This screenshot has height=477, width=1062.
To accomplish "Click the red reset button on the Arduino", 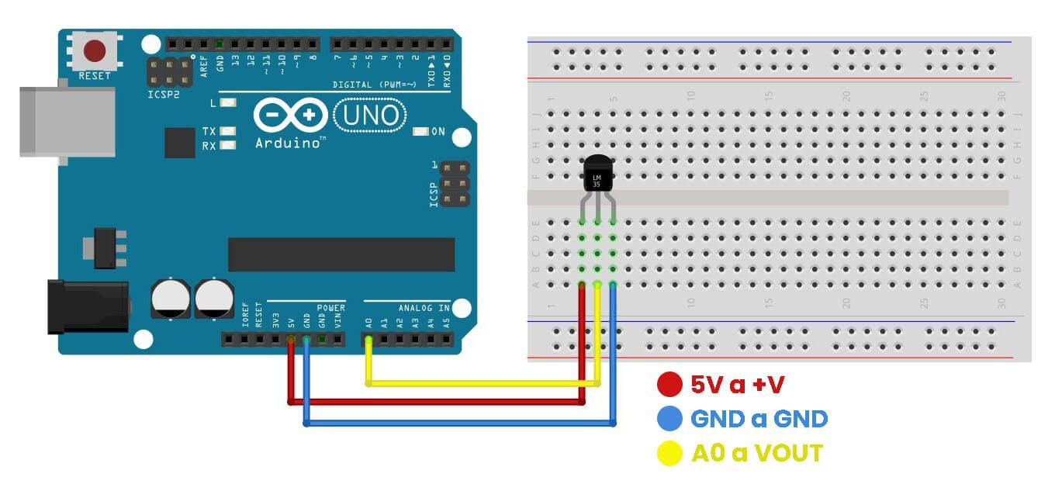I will pos(95,51).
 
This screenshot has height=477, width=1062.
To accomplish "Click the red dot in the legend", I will pos(669,384).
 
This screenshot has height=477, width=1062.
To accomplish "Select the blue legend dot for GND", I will pos(669,419).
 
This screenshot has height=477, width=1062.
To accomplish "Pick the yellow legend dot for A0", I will pos(669,453).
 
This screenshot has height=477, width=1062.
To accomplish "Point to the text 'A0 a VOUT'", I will pos(756,453).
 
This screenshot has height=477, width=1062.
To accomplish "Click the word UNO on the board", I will pos(369,116).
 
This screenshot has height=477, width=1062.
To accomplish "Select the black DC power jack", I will pos(87,307).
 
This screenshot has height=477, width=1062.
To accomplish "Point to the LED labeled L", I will pos(227,102).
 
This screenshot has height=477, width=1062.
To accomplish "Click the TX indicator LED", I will pos(227,131).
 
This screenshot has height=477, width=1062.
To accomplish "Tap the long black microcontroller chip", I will pos(341,254).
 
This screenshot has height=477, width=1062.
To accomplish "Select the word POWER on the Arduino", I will pos(330,308).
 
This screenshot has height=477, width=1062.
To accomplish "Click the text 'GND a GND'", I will pos(759,419).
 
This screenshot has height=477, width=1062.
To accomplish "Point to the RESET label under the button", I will pos(95,76).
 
